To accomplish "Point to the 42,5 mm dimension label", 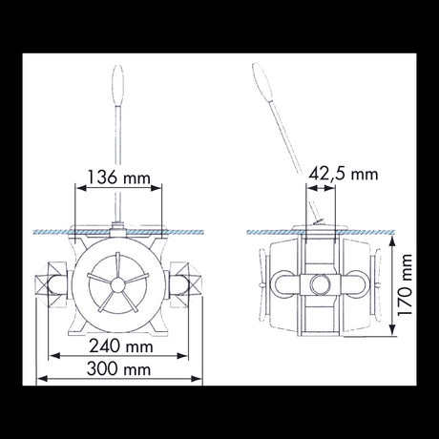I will tap(345, 174).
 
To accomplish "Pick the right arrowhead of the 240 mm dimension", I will tap(182, 357).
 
